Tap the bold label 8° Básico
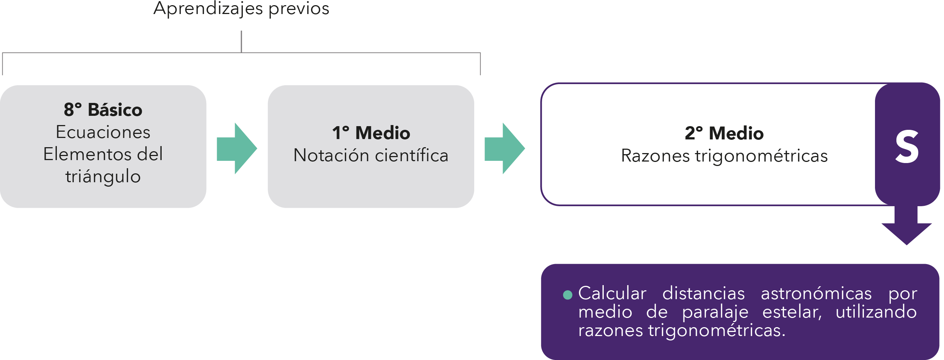click(x=103, y=110)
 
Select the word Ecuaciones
click(x=103, y=132)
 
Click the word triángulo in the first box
click(x=103, y=176)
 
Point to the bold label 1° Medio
click(x=371, y=133)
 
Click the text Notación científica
click(x=371, y=155)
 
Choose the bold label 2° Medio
click(x=724, y=133)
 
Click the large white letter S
click(x=907, y=147)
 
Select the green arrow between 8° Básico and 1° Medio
click(x=237, y=148)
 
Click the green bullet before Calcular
click(x=568, y=295)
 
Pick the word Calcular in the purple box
click(x=612, y=294)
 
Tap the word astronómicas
click(x=816, y=294)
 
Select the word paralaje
click(x=715, y=312)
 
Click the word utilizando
click(x=876, y=312)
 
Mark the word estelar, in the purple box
click(x=792, y=312)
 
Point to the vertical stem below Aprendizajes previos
click(x=241, y=41)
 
